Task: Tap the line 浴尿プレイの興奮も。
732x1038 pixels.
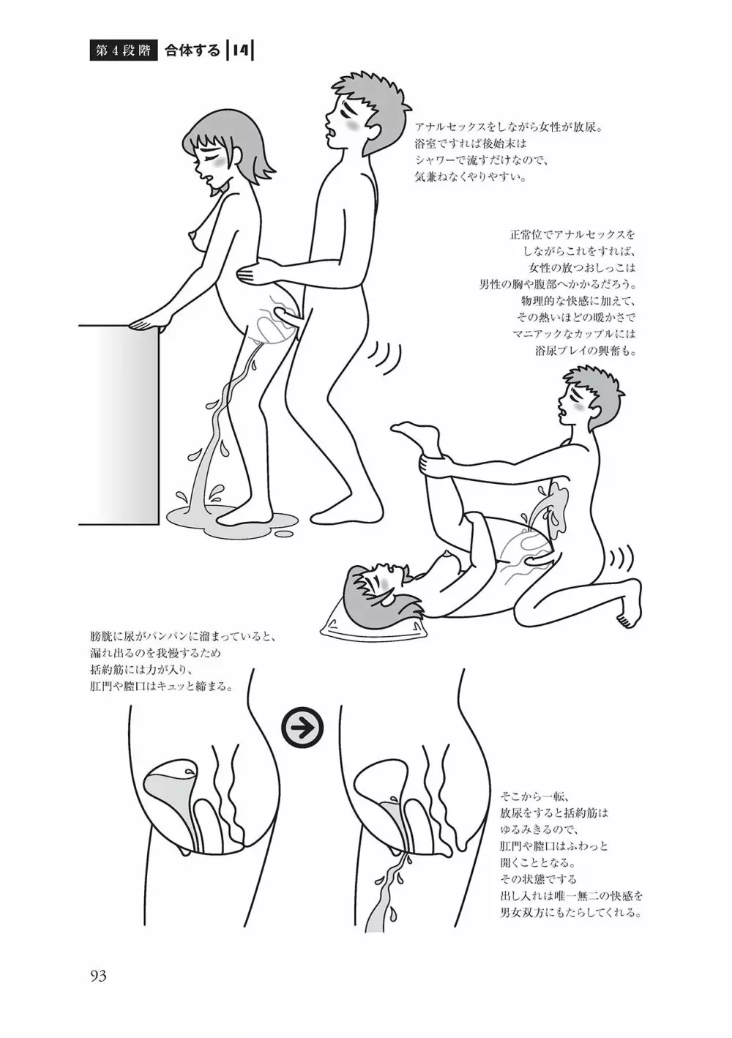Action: coord(585,351)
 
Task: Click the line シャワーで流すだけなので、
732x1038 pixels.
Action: coord(482,160)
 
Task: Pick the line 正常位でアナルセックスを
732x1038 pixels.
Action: coord(573,234)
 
